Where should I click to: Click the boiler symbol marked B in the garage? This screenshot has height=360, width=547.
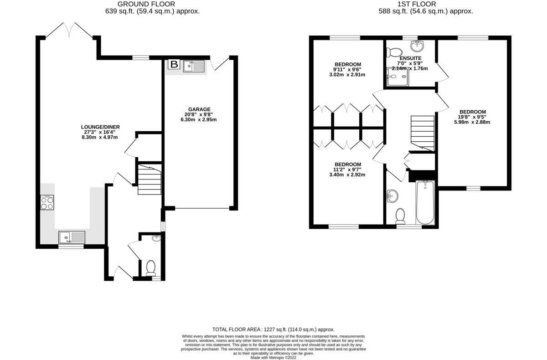click(174, 65)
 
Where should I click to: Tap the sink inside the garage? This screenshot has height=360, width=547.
click(194, 67)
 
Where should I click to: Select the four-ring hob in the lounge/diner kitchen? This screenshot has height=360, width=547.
click(47, 202)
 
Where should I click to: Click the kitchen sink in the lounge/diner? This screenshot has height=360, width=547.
click(72, 237)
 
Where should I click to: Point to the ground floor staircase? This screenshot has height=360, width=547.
click(150, 179)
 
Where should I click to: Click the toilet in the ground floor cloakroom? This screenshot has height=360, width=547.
click(150, 267)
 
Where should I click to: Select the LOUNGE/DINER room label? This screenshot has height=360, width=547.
click(101, 127)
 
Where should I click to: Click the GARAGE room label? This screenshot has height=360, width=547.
click(200, 109)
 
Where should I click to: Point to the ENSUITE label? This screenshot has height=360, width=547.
click(407, 58)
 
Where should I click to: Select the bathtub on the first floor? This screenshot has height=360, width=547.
click(426, 202)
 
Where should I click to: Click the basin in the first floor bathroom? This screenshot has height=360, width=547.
click(392, 196)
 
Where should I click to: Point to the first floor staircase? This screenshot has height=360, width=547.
click(422, 133)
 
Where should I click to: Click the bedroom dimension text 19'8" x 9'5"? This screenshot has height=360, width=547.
click(472, 117)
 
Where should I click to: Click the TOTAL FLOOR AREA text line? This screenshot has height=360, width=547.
click(273, 329)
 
